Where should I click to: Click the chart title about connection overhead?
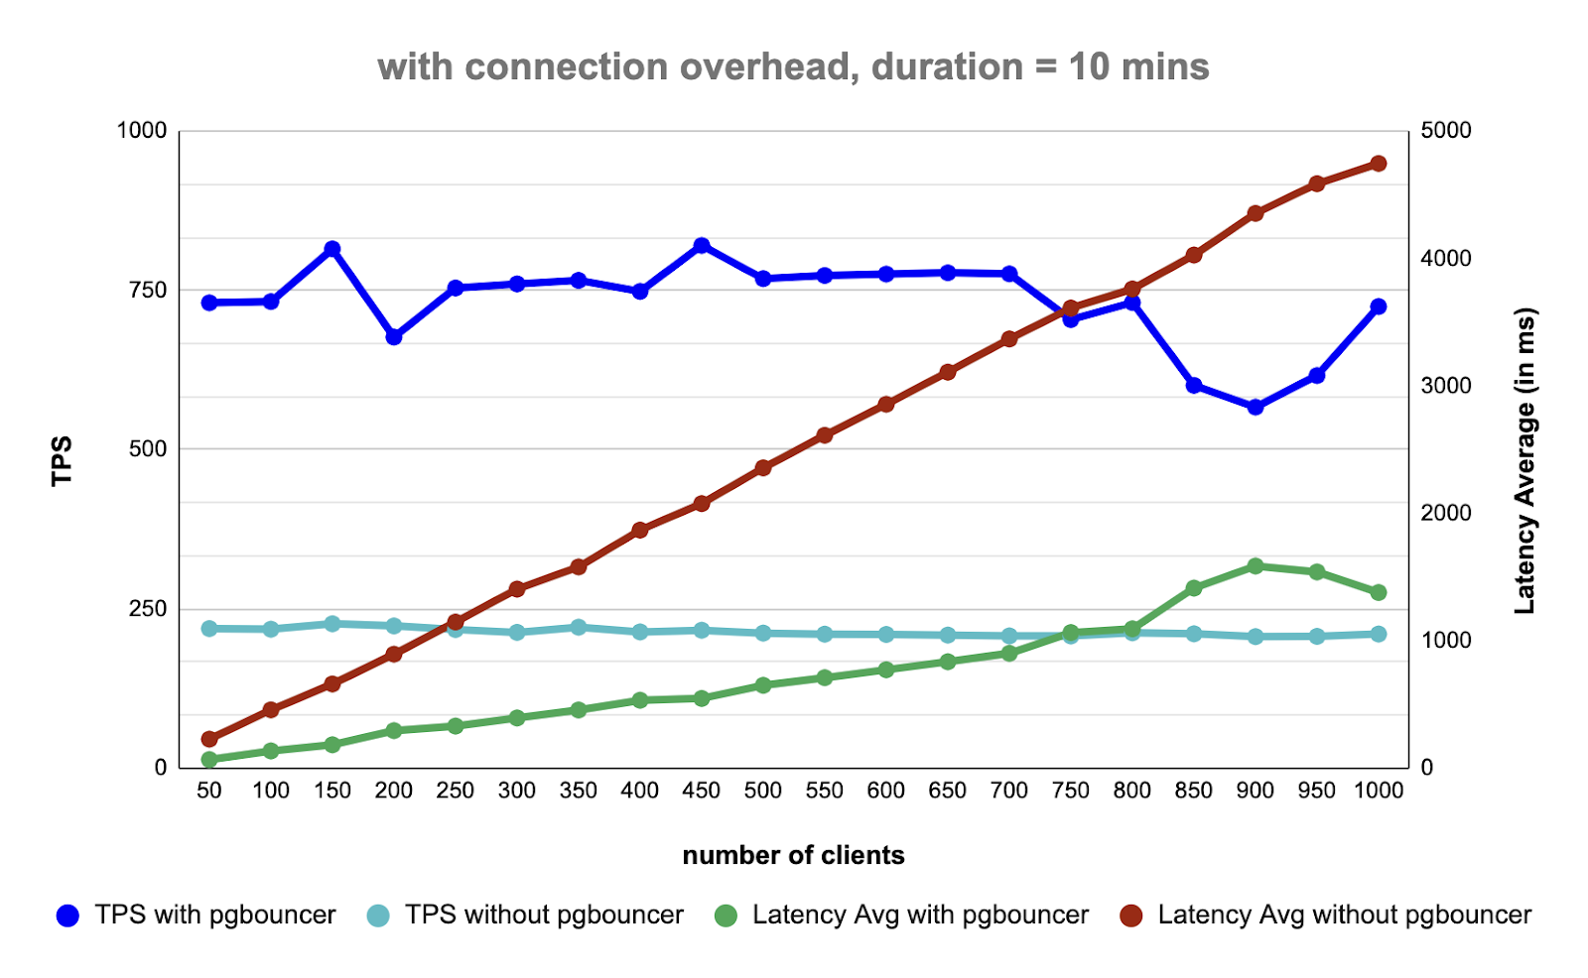coord(793,67)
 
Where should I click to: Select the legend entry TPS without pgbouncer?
coord(525,915)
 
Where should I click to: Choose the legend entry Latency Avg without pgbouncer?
coord(1326,915)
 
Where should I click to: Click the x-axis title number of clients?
coord(793,855)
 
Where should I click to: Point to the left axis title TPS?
coord(62,460)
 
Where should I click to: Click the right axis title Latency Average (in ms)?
coord(1524,460)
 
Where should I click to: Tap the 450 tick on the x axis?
coord(702,791)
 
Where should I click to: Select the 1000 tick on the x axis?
coord(1379,791)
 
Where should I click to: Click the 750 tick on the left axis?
coord(148,290)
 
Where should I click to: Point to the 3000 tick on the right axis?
coord(1446,386)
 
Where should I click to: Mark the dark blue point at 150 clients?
coord(332,249)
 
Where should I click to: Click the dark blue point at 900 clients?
coord(1256,407)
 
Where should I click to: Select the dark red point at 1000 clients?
coord(1379,164)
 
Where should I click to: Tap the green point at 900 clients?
coord(1256,566)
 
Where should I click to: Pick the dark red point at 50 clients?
coord(209,739)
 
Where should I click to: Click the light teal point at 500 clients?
coord(763,633)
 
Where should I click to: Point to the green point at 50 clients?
coord(209,760)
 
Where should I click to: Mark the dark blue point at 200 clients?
coord(394,337)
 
